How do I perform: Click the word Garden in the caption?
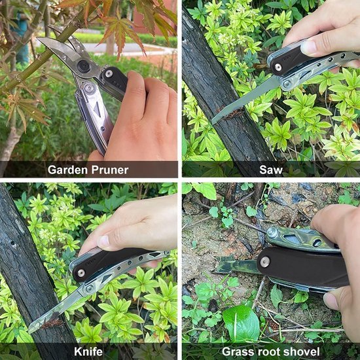67,170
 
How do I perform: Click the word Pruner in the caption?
110,170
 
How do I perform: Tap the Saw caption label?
271,170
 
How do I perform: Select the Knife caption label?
88,351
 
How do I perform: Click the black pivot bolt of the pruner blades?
83,66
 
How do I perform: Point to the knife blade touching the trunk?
55,310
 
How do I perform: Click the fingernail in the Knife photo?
104,241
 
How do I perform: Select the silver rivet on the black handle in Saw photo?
278,67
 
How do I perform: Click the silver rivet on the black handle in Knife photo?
81,273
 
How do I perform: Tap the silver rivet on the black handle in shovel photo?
264,262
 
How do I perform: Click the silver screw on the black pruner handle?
109,73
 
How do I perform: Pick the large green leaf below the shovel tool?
241,323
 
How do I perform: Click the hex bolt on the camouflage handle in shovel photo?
272,233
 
